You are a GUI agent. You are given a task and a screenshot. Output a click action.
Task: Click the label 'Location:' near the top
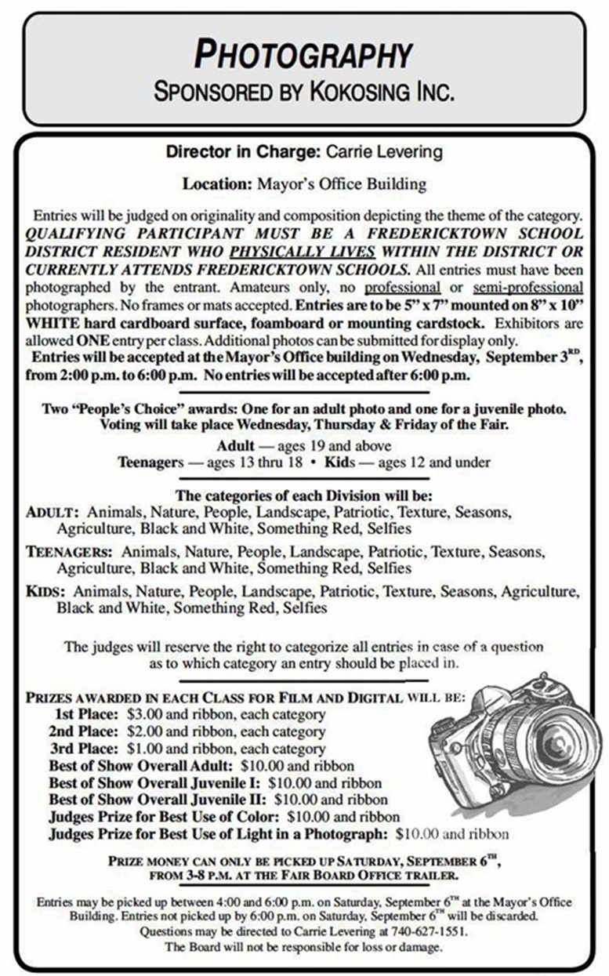click(216, 185)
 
